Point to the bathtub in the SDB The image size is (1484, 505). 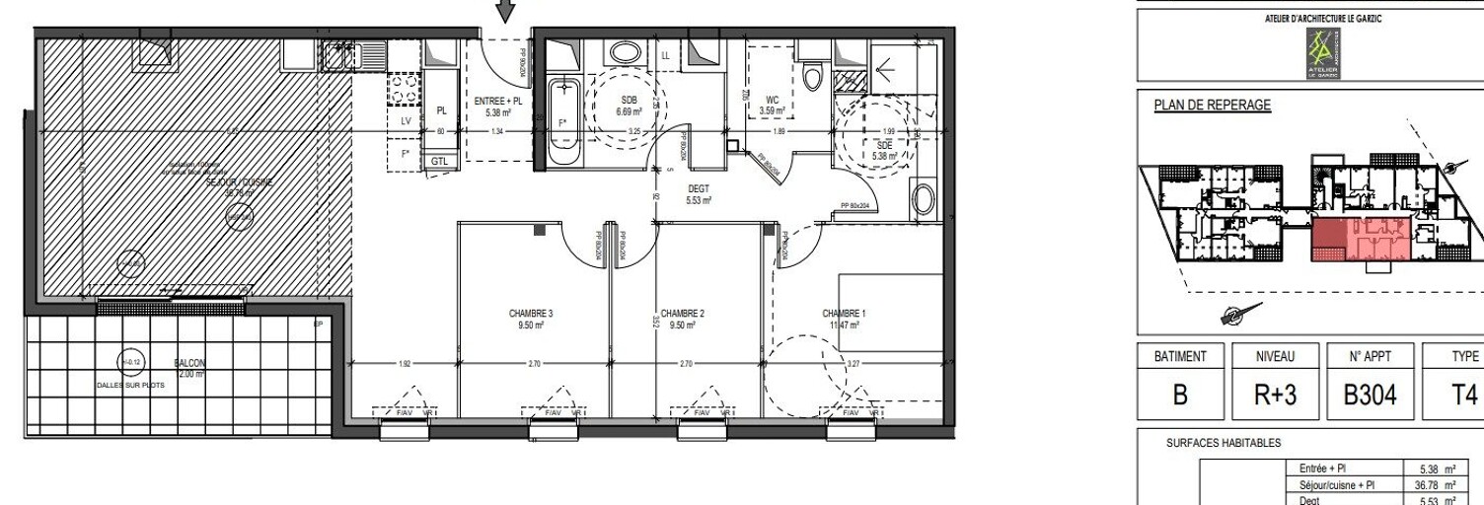click(x=564, y=122)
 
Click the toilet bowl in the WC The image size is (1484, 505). click(x=813, y=76)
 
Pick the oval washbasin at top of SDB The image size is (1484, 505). click(x=624, y=53)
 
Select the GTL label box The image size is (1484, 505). click(x=438, y=161)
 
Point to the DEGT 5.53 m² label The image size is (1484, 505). click(x=699, y=193)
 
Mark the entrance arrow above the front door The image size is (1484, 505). click(x=505, y=11)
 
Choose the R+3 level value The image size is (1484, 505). click(x=1275, y=395)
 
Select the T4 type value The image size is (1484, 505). click(x=1464, y=395)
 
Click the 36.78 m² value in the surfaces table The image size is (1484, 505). click(x=1432, y=484)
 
